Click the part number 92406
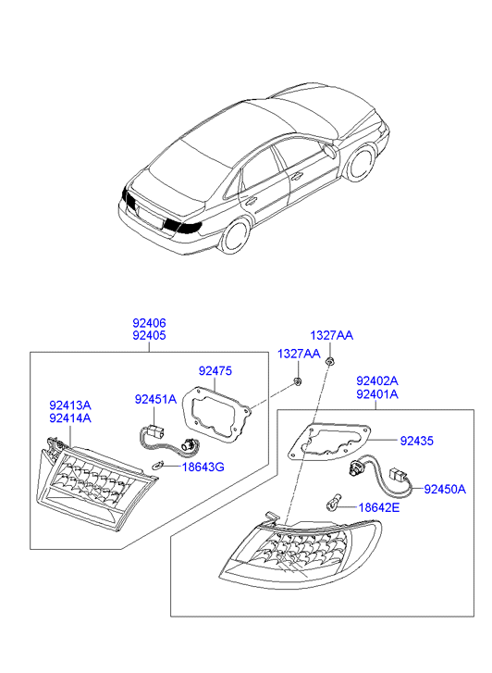click(x=149, y=323)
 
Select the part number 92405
click(x=149, y=335)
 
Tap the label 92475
click(x=215, y=371)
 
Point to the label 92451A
click(x=155, y=399)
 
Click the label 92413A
click(x=70, y=405)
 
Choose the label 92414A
click(x=70, y=418)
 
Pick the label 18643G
click(x=203, y=467)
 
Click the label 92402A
click(x=377, y=380)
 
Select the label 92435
click(x=417, y=441)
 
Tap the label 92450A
click(x=445, y=489)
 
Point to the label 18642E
click(x=379, y=507)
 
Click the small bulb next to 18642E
click(x=332, y=505)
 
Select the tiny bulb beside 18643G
click(x=158, y=465)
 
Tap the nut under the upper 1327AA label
click(x=330, y=360)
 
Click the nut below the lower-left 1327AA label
click(x=297, y=380)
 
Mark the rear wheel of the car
click(x=236, y=235)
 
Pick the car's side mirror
click(x=331, y=149)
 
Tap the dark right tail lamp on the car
click(x=183, y=226)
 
